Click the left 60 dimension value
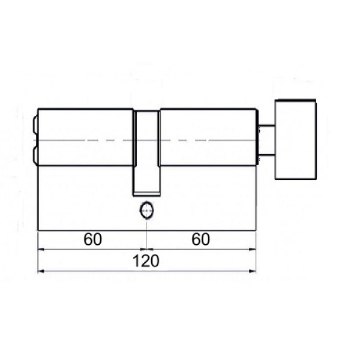tap(92, 239)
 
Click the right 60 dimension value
tap(201, 239)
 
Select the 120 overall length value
tap(147, 262)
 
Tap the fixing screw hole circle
tap(146, 211)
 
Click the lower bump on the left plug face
tap(34, 155)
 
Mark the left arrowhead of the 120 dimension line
tap(41, 272)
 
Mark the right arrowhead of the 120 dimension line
tap(253, 272)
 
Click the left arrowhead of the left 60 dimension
tap(41, 248)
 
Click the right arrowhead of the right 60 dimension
tap(253, 248)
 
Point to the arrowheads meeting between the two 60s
tap(146, 248)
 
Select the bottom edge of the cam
tap(146, 194)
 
